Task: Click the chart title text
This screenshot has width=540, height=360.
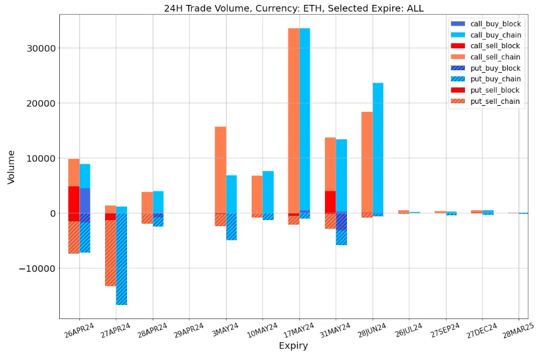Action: pyautogui.click(x=293, y=8)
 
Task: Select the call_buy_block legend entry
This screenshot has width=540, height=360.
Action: pyautogui.click(x=495, y=23)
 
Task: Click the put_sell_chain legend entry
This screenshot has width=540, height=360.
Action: pyautogui.click(x=495, y=101)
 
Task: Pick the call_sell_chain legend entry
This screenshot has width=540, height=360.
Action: pyautogui.click(x=495, y=57)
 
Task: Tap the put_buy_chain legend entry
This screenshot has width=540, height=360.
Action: pyautogui.click(x=495, y=79)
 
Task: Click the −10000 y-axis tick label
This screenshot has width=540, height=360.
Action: pyautogui.click(x=35, y=268)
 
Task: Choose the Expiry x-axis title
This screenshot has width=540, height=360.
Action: pyautogui.click(x=293, y=346)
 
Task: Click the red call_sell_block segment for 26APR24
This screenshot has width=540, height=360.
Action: pyautogui.click(x=74, y=199)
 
